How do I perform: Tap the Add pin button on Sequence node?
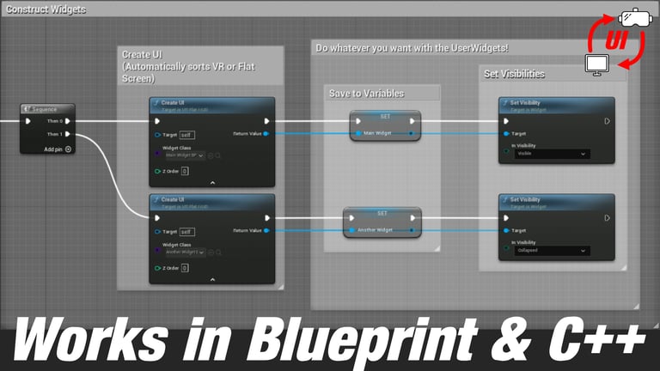pyautogui.click(x=68, y=149)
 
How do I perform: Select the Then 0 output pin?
pyautogui.click(x=68, y=121)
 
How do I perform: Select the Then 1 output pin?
pyautogui.click(x=68, y=134)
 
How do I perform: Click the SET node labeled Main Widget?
pyautogui.click(x=385, y=125)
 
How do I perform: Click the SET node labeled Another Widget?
pyautogui.click(x=382, y=222)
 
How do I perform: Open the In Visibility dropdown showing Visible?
pyautogui.click(x=552, y=154)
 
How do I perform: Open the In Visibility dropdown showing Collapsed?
pyautogui.click(x=552, y=251)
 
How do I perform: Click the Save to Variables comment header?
pyautogui.click(x=366, y=94)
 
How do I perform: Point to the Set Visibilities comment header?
pyautogui.click(x=514, y=74)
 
